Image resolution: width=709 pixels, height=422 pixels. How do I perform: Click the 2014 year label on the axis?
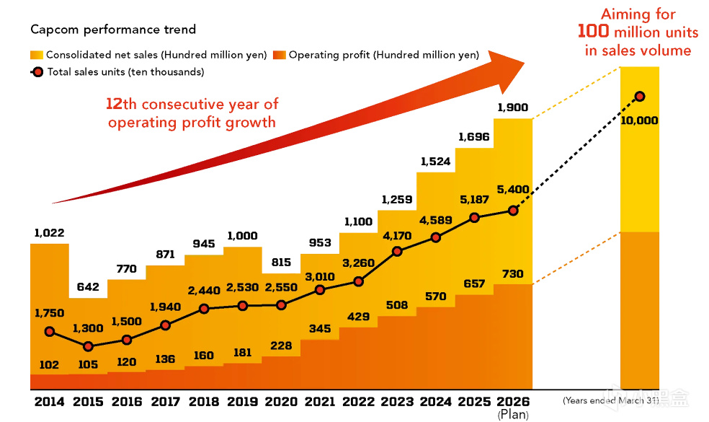click(49, 402)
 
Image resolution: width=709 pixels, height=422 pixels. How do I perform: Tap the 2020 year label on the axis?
click(281, 402)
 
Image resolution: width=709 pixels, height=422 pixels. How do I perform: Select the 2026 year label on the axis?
click(513, 402)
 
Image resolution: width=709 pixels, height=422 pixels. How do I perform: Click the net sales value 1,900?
click(513, 108)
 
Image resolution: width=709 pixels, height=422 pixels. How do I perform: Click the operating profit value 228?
click(281, 346)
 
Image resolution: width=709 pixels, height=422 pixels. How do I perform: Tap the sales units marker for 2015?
click(88, 347)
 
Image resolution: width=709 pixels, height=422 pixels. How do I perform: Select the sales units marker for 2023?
click(397, 252)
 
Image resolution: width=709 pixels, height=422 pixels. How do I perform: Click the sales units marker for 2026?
click(513, 211)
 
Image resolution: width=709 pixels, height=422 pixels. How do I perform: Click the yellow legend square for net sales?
click(37, 55)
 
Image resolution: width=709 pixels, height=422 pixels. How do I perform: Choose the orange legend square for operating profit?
click(280, 55)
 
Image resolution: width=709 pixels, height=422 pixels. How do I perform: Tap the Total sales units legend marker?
click(37, 72)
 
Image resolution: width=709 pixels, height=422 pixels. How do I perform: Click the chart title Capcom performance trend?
click(113, 30)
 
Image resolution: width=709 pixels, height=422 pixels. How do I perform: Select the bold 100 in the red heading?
click(594, 32)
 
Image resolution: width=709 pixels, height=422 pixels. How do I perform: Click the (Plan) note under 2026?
click(513, 415)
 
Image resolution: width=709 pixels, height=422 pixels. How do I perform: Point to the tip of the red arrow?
click(524, 66)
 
